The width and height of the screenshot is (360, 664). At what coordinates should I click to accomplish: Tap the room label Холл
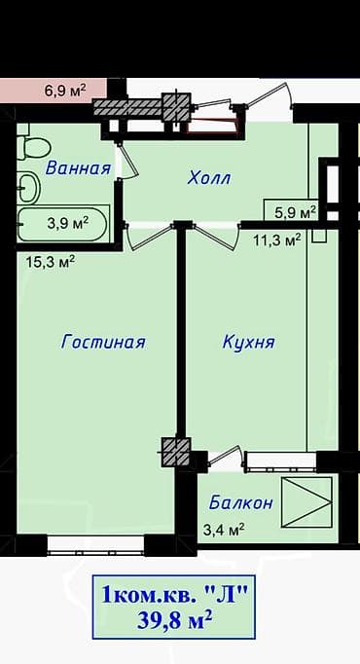(x=209, y=178)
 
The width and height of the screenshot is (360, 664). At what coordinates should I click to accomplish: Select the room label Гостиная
(x=102, y=342)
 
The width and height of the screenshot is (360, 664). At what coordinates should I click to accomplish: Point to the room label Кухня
(x=248, y=342)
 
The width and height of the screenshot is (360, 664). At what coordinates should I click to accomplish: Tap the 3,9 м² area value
(x=68, y=222)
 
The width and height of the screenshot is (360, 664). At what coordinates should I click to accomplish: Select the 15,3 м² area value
(x=51, y=260)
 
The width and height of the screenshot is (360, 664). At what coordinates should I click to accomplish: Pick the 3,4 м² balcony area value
(x=223, y=530)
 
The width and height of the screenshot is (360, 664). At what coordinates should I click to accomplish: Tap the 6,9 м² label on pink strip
(x=65, y=90)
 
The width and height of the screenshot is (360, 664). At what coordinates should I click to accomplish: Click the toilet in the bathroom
(x=35, y=149)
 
